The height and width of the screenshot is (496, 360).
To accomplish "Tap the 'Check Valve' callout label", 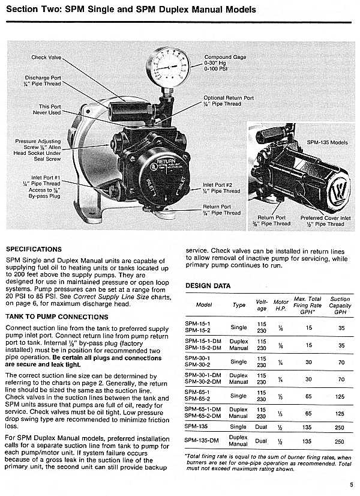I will coord(46,58).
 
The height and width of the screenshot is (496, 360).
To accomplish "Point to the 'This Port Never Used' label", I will coord(46,110).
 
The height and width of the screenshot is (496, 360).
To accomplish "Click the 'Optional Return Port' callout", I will coord(228,101).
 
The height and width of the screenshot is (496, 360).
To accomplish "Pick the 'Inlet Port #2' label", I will coord(221,188).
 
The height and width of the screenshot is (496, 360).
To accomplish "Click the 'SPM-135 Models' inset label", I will coord(327,143).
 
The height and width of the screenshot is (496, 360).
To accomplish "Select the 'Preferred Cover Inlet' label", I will coord(323,221).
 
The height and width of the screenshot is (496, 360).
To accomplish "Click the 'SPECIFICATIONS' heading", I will coord(34,248).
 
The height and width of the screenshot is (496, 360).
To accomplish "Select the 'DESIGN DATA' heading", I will coord(208,286).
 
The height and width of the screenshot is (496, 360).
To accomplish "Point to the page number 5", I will coord(351,485).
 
